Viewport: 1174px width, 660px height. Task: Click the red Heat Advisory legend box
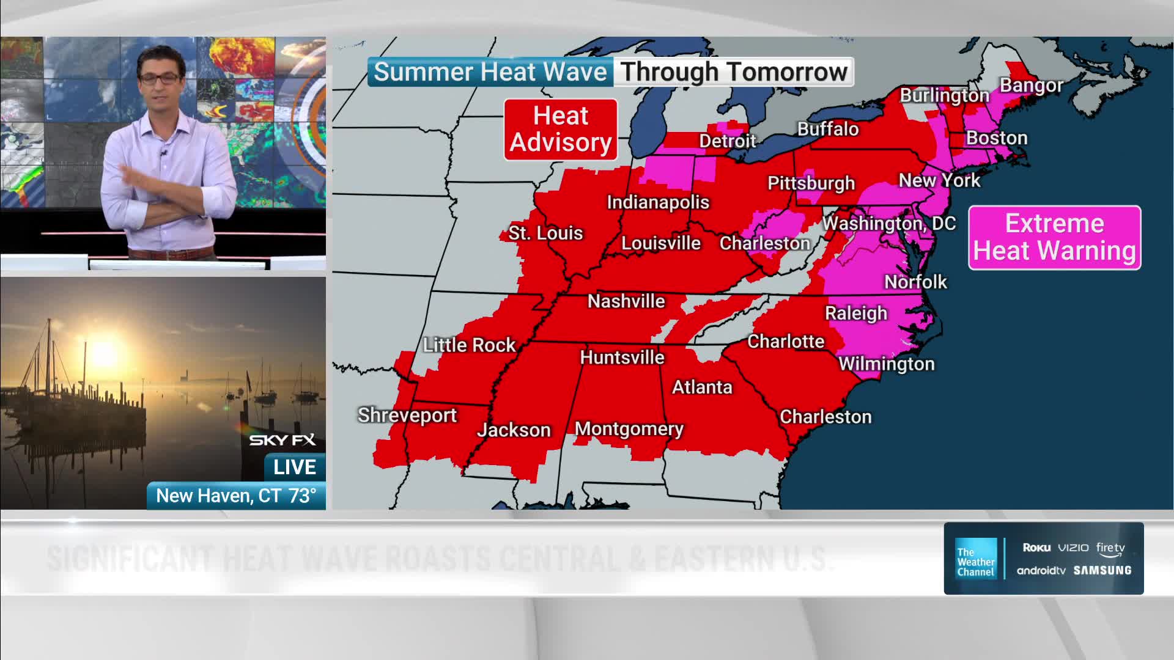[x=560, y=130]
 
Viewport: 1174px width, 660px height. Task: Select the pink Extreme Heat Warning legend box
[x=1054, y=238]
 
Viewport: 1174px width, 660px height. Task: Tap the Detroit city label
[x=728, y=141]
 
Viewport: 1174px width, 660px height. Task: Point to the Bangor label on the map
[x=1032, y=86]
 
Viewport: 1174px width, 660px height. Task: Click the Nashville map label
[x=626, y=301]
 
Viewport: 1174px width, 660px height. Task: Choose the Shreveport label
[x=407, y=416]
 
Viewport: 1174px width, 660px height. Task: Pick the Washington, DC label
[x=888, y=224]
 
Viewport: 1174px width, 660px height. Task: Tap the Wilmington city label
[x=886, y=364]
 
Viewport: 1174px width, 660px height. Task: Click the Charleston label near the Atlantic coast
[x=825, y=417]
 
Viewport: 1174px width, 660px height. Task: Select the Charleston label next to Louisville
[x=764, y=243]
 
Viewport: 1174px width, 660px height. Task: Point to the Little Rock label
[x=469, y=345]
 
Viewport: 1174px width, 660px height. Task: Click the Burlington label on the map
[x=944, y=96]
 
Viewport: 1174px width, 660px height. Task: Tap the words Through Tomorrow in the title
[x=734, y=72]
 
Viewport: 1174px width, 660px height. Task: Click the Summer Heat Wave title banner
[x=490, y=72]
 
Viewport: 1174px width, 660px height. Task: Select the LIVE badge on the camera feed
[x=295, y=468]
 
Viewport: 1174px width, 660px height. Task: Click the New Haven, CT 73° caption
[x=236, y=496]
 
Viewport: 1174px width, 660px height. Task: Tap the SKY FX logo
[x=282, y=440]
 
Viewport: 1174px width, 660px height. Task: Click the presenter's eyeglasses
[x=160, y=78]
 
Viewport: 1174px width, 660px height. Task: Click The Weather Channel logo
[x=976, y=558]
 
